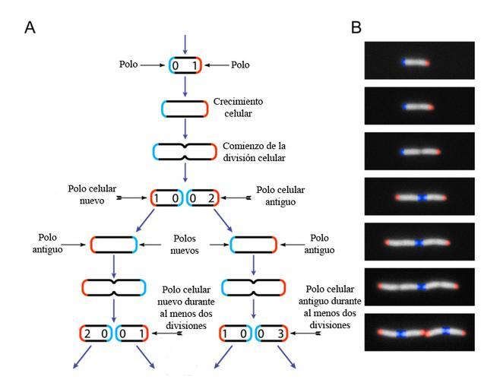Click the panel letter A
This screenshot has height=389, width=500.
coord(30,27)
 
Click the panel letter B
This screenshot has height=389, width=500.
coord(356,27)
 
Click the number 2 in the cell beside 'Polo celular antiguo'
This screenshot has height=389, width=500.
coord(212,199)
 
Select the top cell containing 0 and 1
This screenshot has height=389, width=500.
coord(185,66)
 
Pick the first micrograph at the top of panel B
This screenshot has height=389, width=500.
coord(419,62)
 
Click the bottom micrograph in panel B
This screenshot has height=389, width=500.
coord(419,332)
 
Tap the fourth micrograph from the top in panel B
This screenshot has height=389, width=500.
coord(419,197)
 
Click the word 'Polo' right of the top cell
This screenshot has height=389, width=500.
coord(240,66)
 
